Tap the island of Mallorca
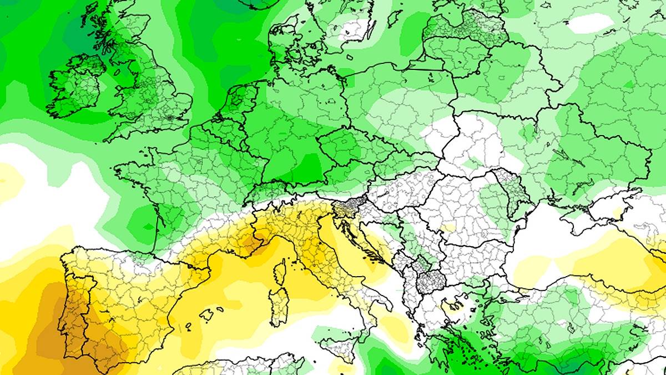[x=206, y=315]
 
